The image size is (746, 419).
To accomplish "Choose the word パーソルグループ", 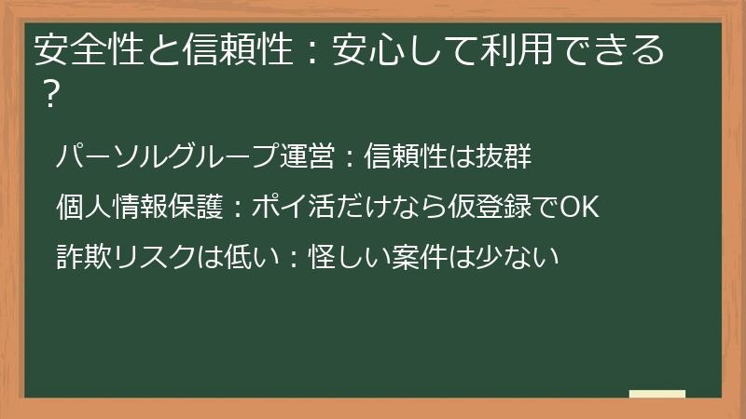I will pos(167,157).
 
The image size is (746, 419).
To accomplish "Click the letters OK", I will pos(577,206).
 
